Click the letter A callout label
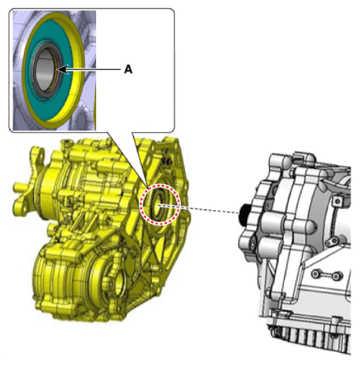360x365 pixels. click(128, 69)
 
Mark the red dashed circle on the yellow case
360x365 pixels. click(160, 185)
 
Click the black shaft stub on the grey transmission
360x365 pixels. click(244, 215)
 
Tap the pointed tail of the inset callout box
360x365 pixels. click(147, 185)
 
